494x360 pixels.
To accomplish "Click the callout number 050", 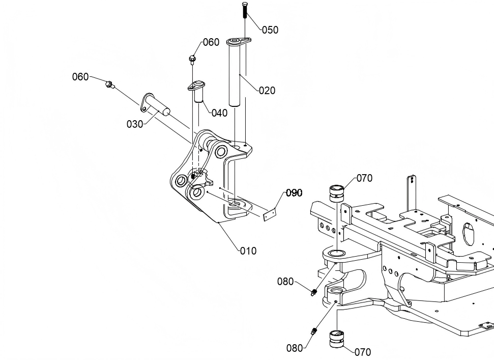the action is pyautogui.click(x=270, y=30).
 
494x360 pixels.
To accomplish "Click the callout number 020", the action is pyautogui.click(x=267, y=91).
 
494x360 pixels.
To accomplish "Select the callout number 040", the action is pyautogui.click(x=219, y=113).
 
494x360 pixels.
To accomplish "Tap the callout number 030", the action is pyautogui.click(x=135, y=124).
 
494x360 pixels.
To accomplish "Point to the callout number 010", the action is pyautogui.click(x=248, y=251).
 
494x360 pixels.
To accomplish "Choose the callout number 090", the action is pyautogui.click(x=294, y=192).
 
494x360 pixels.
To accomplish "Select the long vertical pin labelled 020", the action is pyautogui.click(x=236, y=72).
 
